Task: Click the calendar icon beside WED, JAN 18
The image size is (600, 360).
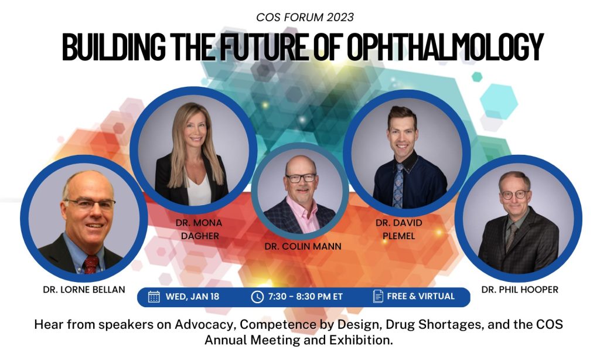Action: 154,297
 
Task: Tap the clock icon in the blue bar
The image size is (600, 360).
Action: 257,297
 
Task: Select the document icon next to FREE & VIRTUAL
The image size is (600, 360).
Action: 378,296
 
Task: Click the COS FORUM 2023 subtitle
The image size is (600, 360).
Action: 305,17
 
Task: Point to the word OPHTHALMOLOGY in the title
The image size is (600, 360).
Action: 445,47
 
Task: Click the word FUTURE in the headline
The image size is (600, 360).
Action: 263,47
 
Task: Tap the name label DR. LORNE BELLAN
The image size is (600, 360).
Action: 84,290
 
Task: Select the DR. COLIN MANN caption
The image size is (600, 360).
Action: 303,246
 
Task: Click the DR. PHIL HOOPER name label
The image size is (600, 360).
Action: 520,290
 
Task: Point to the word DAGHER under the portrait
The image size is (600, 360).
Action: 200,236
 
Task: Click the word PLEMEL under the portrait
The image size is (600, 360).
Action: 398,236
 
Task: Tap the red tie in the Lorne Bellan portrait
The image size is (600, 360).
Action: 91,264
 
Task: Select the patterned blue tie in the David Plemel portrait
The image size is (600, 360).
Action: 398,186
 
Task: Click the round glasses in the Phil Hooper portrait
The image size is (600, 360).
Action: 514,195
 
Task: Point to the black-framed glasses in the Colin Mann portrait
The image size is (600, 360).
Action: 301,178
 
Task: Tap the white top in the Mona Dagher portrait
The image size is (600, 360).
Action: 199,189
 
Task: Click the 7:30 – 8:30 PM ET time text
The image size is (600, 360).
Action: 305,297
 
